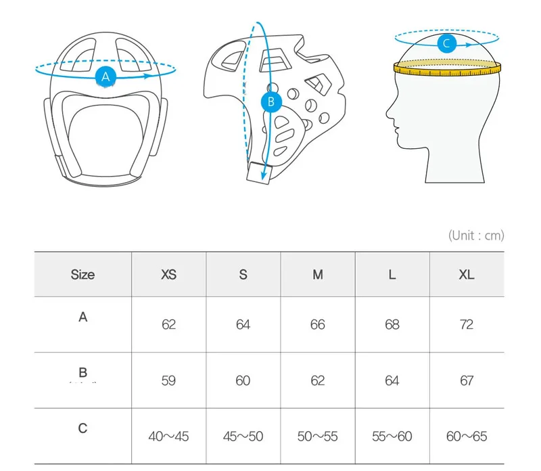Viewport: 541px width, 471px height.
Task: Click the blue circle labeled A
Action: click(x=105, y=76)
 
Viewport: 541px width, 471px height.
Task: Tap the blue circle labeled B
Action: click(x=271, y=102)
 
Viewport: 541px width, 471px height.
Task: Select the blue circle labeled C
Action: click(x=447, y=43)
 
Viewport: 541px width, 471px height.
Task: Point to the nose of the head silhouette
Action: click(x=388, y=113)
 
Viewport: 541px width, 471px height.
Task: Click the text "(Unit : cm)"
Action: click(x=476, y=235)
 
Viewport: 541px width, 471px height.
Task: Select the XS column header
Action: click(x=168, y=275)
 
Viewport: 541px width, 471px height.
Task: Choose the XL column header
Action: click(x=467, y=275)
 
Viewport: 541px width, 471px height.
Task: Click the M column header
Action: click(x=318, y=275)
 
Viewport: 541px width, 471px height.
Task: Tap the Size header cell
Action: click(x=83, y=275)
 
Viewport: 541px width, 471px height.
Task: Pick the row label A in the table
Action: click(x=83, y=317)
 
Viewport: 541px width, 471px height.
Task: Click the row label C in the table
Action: click(x=83, y=428)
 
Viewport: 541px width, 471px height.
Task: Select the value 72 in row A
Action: click(x=467, y=325)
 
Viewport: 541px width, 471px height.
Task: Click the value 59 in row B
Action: click(x=168, y=380)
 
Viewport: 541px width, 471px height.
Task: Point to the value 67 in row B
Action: click(x=467, y=380)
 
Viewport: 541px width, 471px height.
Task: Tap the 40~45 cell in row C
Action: click(x=168, y=436)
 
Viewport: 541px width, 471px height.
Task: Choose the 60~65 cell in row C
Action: click(x=467, y=436)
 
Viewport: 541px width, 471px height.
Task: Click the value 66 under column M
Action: click(x=317, y=325)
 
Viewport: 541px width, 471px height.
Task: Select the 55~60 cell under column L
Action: click(x=392, y=436)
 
